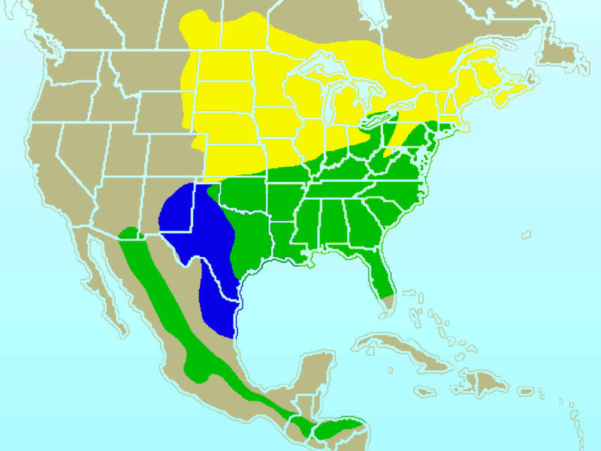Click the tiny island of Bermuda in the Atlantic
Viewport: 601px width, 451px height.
pos(526,235)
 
